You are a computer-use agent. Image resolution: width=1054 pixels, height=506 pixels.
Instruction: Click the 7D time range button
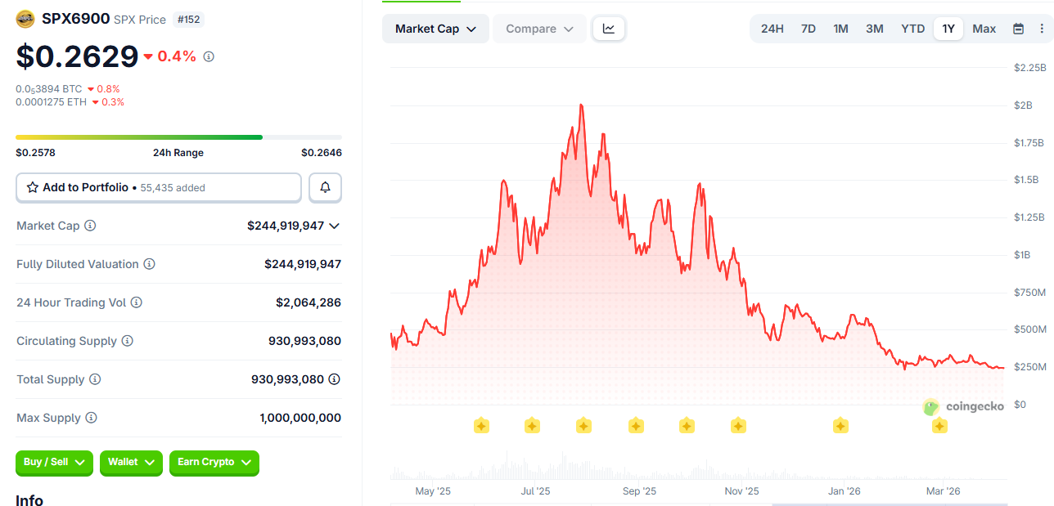click(808, 29)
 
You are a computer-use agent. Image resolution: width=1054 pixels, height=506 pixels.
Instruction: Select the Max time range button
click(984, 29)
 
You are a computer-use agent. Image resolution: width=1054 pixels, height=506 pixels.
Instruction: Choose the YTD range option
click(912, 29)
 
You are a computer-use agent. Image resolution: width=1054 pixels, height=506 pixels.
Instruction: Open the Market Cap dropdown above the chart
click(435, 29)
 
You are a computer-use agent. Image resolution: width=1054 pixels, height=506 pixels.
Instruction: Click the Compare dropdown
click(539, 29)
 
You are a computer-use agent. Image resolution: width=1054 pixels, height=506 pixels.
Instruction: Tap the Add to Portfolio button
click(159, 187)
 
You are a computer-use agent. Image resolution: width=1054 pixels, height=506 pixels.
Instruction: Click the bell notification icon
click(325, 187)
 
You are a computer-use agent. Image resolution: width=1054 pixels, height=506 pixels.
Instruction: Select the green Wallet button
click(131, 462)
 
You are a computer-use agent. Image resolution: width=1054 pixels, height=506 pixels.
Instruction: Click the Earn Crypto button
click(214, 462)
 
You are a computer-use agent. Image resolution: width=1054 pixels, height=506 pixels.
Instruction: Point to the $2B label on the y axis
click(1023, 105)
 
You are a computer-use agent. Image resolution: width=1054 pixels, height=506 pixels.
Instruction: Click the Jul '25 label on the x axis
click(535, 491)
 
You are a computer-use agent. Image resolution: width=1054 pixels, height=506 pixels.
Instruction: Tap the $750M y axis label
click(1029, 292)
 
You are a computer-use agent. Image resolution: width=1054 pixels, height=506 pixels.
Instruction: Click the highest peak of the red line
click(581, 105)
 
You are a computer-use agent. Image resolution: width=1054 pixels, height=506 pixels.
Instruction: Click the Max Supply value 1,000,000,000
click(300, 418)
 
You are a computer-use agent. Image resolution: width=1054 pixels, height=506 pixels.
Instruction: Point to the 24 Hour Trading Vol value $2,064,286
click(309, 302)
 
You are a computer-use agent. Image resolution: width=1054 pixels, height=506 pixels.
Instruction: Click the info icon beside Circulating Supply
click(128, 341)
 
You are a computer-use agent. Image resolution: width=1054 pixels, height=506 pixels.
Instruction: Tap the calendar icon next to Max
click(1018, 29)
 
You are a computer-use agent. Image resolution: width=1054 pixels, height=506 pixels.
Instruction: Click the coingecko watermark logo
click(964, 406)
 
